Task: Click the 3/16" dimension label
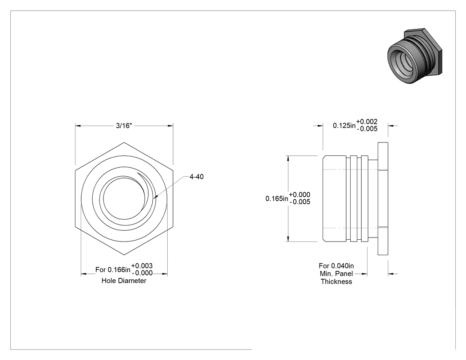pos(124,126)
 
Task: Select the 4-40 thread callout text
pos(197,177)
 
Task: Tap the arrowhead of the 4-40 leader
pos(156,196)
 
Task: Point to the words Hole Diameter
pos(124,281)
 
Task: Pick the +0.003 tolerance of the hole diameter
pos(142,266)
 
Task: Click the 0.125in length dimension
pos(344,126)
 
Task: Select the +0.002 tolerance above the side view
pos(367,122)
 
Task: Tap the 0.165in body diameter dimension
pos(276,198)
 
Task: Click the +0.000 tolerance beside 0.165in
pos(300,195)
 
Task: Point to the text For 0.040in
pos(336,266)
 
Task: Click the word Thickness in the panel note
pos(336,281)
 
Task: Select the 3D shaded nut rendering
pos(415,56)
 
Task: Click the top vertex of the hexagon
pos(124,142)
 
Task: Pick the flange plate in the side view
pos(383,198)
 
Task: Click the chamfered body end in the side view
pos(334,198)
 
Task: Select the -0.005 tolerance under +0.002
pos(367,129)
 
